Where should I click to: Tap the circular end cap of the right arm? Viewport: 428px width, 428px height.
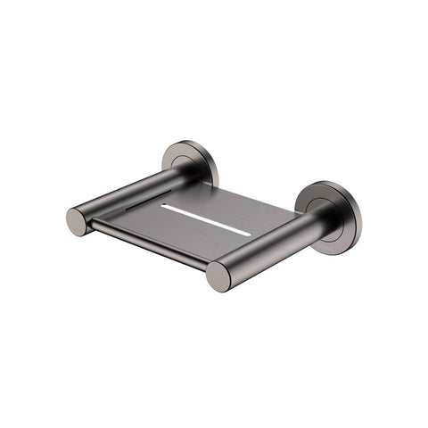(218, 276)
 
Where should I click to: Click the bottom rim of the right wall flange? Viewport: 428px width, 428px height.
(339, 241)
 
